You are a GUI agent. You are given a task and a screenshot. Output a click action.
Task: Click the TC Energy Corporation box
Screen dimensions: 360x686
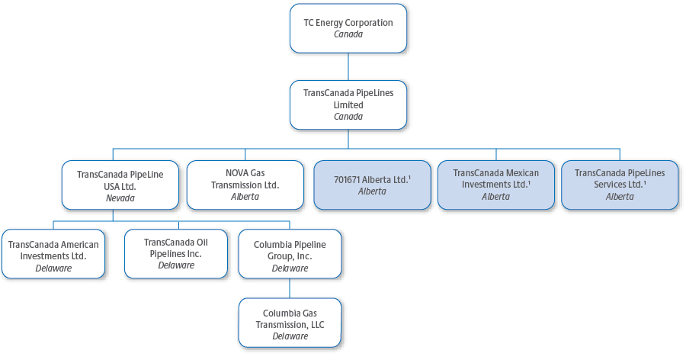coord(348,28)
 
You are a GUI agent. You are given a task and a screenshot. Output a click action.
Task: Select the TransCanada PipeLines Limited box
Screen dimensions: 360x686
coord(348,104)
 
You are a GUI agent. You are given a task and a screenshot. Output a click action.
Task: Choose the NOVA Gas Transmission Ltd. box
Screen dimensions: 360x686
coord(245,185)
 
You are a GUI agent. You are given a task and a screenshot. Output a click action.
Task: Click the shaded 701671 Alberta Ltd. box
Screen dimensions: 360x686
coord(372,185)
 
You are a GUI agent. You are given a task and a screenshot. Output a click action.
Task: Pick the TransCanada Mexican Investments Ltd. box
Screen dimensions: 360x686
coord(495,185)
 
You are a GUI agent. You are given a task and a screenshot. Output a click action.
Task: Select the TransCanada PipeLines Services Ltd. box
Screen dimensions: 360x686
coord(619,185)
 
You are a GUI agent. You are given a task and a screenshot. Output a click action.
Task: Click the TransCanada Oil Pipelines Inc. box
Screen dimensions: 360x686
coord(175,253)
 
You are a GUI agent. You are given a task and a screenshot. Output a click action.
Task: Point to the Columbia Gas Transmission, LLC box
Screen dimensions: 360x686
coord(290,324)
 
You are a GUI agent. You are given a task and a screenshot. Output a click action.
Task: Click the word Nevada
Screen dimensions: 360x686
coord(120,198)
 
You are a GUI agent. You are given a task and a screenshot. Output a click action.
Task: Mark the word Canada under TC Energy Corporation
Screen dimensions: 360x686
coord(348,34)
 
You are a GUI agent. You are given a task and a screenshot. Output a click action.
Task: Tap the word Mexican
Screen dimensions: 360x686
coord(522,173)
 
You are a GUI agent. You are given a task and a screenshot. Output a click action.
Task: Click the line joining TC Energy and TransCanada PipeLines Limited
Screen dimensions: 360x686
coord(348,66)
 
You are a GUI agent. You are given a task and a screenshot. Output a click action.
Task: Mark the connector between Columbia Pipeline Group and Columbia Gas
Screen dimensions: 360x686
coord(290,288)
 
